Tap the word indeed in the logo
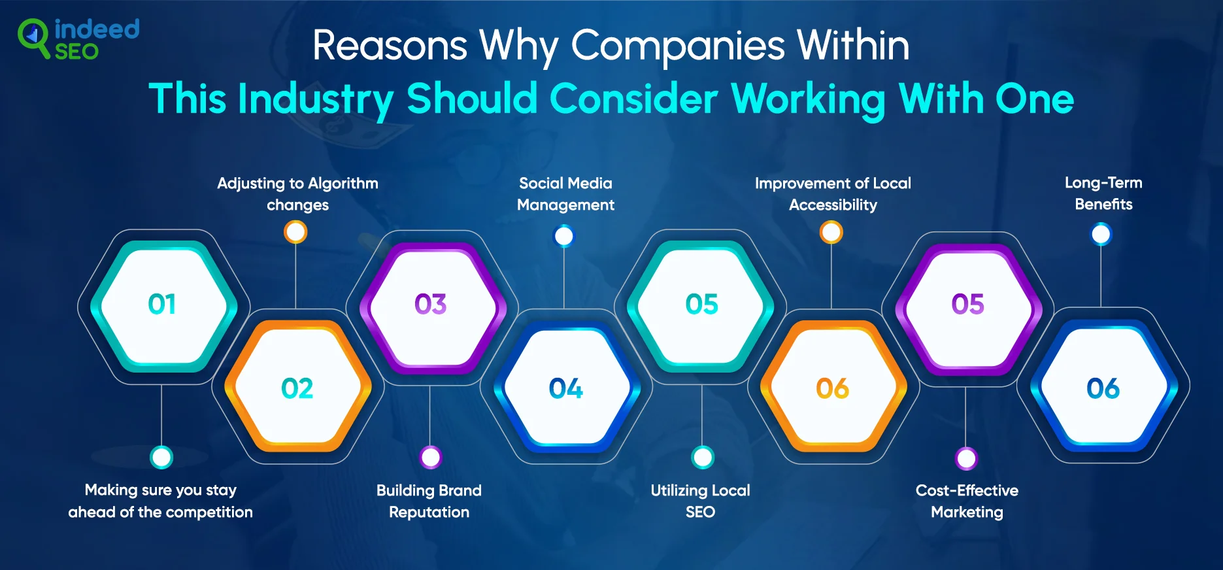click(x=97, y=29)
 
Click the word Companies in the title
click(x=678, y=47)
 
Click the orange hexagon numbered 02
click(x=298, y=387)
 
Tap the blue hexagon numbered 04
click(x=567, y=388)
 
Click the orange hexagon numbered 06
click(x=833, y=387)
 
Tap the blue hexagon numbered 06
click(x=1103, y=387)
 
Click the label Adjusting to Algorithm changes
click(x=297, y=193)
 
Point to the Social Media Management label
click(x=565, y=193)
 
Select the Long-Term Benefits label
click(x=1103, y=193)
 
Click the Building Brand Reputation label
click(x=429, y=501)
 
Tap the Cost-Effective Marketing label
click(x=967, y=501)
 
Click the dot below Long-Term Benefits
click(x=1101, y=234)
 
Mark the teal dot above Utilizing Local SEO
click(x=703, y=458)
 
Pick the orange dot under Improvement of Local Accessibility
click(x=831, y=232)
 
